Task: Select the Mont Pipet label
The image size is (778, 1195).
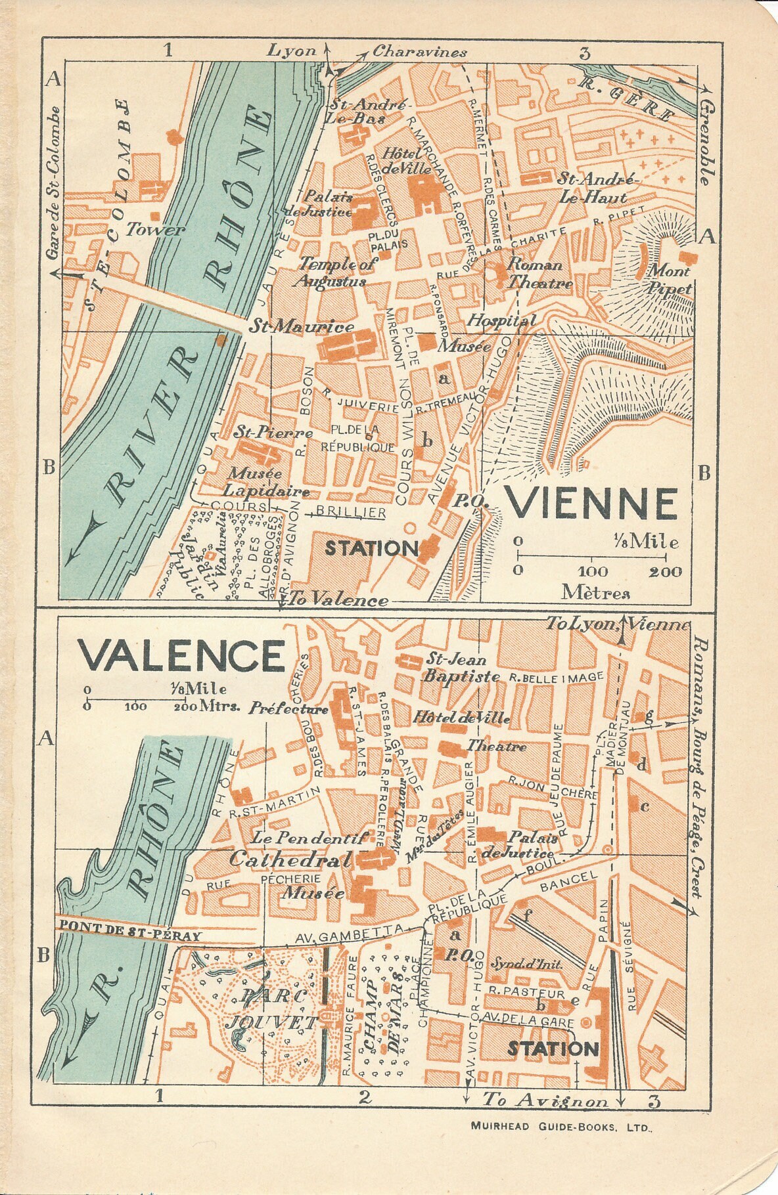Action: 669,280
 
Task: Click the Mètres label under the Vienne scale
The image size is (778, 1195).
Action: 595,593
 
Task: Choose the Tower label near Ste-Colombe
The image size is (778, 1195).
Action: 155,230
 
